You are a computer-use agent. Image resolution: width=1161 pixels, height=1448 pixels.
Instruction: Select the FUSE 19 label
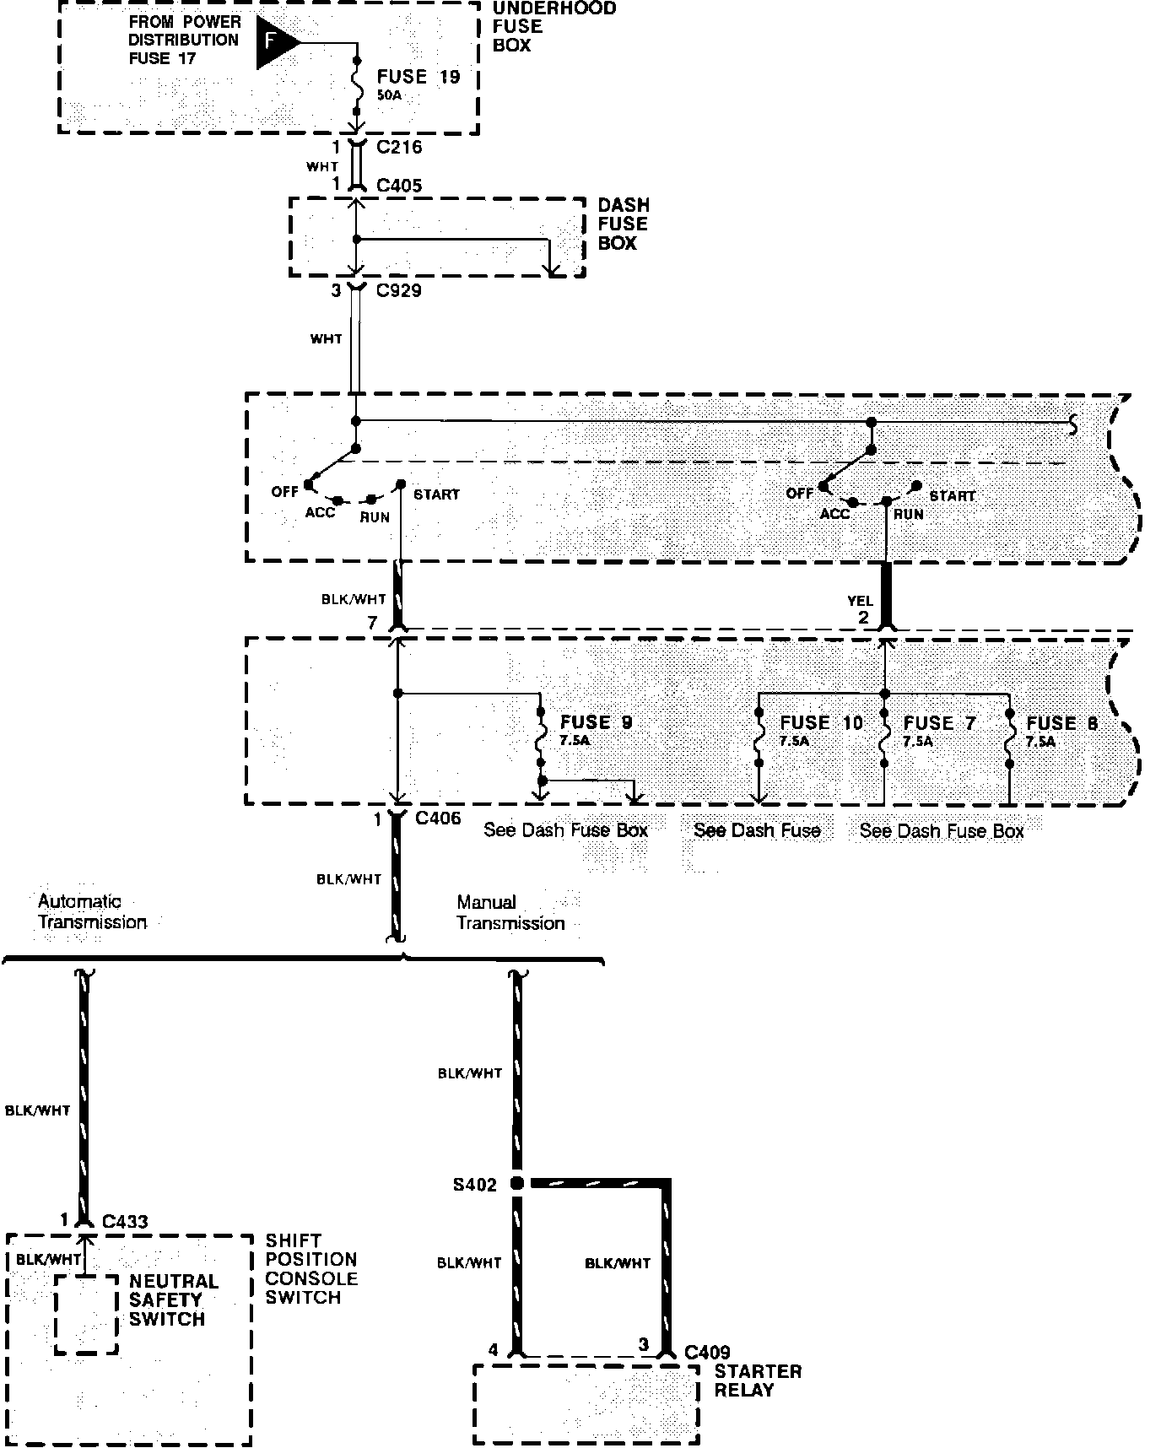point(418,77)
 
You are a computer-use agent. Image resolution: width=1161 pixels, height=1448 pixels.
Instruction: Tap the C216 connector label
point(399,147)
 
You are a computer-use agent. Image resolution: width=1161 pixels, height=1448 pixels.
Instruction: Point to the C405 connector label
point(399,185)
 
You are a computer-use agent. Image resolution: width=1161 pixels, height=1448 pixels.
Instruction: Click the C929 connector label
point(398,290)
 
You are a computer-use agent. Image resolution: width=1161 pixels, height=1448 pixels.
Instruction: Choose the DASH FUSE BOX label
point(623,224)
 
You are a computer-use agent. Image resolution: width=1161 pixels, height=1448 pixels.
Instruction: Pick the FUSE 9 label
point(596,722)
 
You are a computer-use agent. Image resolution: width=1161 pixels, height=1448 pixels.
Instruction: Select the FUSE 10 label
point(821,723)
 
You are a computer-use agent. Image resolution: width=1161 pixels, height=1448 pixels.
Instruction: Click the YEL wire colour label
point(860,602)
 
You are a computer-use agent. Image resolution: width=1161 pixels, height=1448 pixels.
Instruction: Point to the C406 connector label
point(438,818)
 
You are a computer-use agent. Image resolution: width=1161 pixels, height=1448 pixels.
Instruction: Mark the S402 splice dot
point(517,1183)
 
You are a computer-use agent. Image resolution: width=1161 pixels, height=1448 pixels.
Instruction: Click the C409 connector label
point(707,1353)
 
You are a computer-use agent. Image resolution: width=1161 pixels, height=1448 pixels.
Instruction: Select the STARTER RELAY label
point(757,1380)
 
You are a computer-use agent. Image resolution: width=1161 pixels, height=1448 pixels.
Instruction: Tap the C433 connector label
point(125,1221)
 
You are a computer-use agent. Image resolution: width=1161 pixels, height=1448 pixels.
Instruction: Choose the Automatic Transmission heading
point(92,912)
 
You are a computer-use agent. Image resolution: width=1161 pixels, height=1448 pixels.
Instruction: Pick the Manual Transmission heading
point(510,912)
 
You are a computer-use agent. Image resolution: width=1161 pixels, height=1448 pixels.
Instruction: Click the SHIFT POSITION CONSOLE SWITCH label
point(310,1269)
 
